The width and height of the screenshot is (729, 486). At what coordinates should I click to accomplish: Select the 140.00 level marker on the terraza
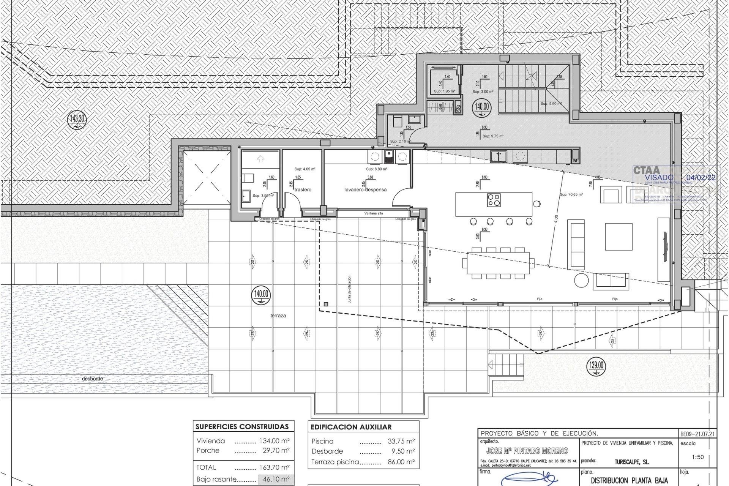click(261, 295)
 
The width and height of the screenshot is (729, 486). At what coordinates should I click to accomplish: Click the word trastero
click(303, 189)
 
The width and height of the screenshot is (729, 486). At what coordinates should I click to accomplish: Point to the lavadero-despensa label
click(365, 189)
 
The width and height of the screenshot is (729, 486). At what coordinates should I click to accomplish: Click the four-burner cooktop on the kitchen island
click(494, 200)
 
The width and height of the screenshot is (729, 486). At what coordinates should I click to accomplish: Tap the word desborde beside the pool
click(93, 379)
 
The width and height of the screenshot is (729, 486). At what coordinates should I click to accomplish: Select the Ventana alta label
click(374, 213)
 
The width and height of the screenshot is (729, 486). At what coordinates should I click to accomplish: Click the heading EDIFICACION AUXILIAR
click(351, 427)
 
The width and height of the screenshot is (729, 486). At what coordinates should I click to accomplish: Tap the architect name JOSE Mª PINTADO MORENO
click(527, 451)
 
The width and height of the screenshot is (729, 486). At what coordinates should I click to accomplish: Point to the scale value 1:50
click(697, 457)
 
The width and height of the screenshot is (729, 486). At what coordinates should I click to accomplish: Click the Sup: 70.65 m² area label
click(571, 194)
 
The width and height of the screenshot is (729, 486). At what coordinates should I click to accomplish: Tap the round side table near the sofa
click(581, 280)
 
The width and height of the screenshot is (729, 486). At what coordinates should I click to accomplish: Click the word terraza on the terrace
click(278, 316)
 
